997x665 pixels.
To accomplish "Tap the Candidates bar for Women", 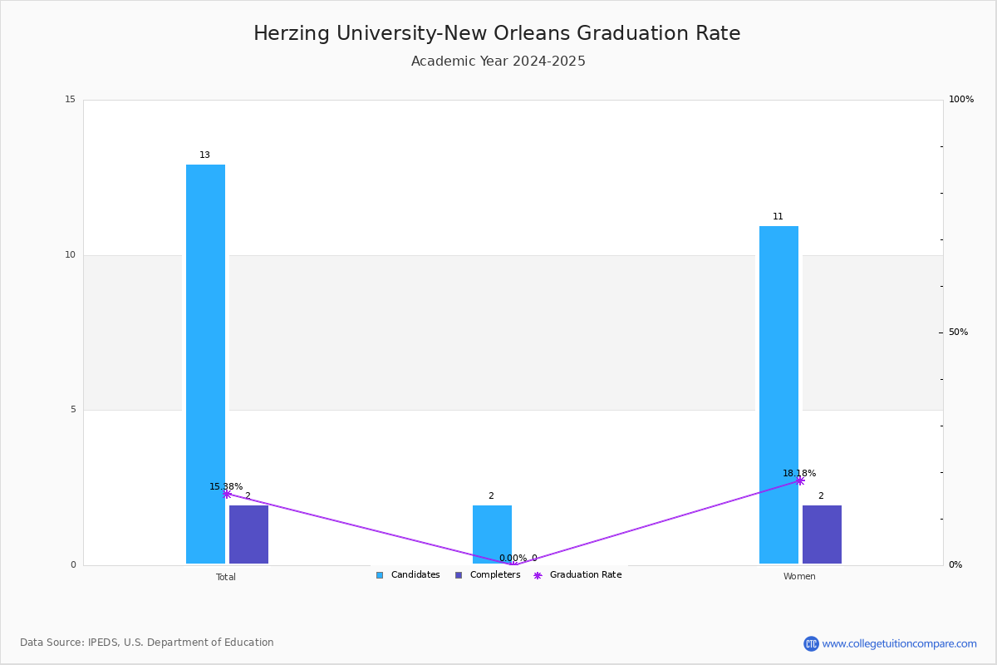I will point(778,395).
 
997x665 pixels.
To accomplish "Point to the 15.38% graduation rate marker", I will point(227,494).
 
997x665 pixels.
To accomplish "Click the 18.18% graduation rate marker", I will point(800,480).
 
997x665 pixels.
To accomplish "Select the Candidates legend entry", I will point(408,575).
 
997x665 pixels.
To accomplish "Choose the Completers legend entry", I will point(488,575).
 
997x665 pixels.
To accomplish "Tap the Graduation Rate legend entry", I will point(578,575).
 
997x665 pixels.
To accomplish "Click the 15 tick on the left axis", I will point(70,100).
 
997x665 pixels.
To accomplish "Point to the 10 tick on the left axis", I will point(70,255).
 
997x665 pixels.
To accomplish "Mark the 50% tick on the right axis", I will point(958,332).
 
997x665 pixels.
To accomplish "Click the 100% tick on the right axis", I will point(961,100).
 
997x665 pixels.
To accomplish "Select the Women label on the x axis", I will point(799,577).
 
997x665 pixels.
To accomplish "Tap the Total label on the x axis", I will point(226,577).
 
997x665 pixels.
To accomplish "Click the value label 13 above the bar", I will point(204,155).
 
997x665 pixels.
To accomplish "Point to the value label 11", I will point(778,217).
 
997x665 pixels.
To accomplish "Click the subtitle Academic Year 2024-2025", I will point(498,62).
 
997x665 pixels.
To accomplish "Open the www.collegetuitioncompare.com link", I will point(899,643).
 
